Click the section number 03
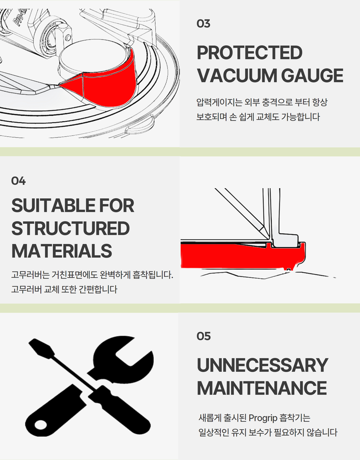pyautogui.click(x=203, y=23)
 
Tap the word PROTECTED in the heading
pyautogui.click(x=249, y=53)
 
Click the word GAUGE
pyautogui.click(x=312, y=75)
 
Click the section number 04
pyautogui.click(x=18, y=181)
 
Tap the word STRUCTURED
pyautogui.click(x=70, y=228)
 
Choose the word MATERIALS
pyautogui.click(x=62, y=251)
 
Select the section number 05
pyautogui.click(x=203, y=336)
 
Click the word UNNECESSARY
pyautogui.click(x=262, y=365)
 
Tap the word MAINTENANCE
pyautogui.click(x=262, y=388)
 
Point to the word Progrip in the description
pyautogui.click(x=263, y=418)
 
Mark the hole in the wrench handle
pyautogui.click(x=41, y=424)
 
